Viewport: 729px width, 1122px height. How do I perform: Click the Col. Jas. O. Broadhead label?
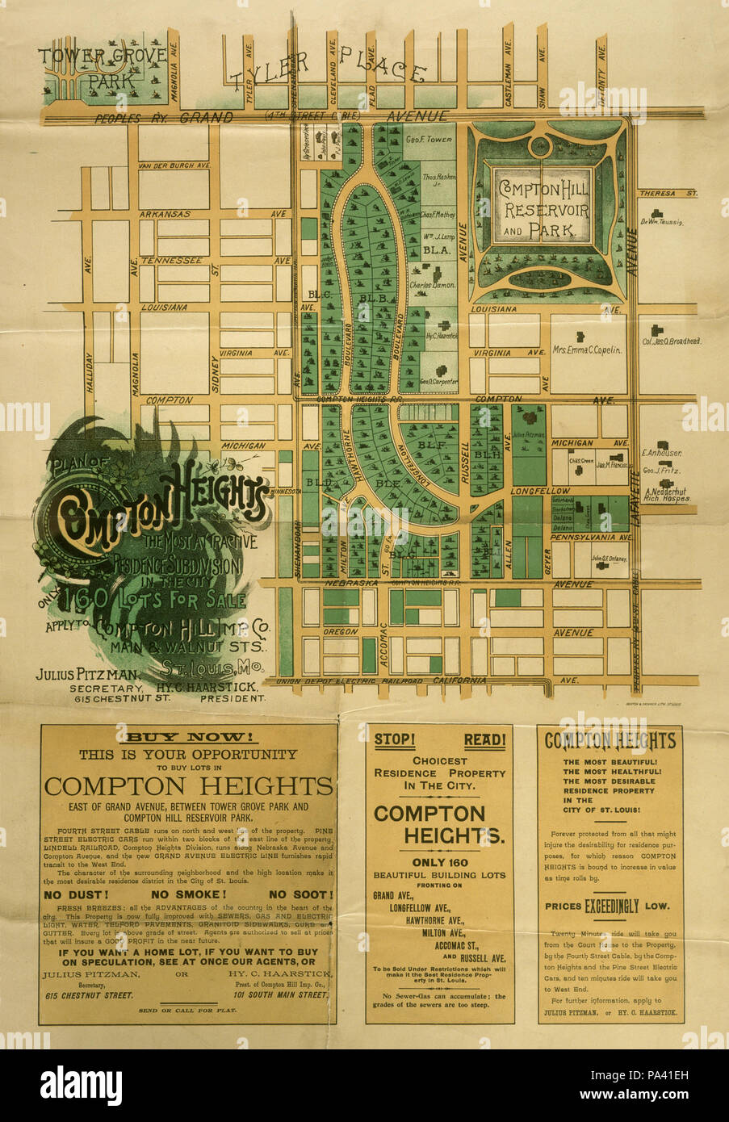coord(671,341)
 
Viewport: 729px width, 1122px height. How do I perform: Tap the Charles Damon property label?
coord(433,286)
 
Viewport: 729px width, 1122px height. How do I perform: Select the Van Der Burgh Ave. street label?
coord(174,165)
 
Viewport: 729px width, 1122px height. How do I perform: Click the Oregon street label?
coord(340,631)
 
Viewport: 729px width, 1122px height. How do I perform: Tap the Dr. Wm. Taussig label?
coord(662,222)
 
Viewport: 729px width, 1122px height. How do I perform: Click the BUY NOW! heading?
coord(187,737)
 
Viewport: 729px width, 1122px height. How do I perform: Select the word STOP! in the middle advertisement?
coord(395,739)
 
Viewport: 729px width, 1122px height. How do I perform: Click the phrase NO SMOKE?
coord(189,894)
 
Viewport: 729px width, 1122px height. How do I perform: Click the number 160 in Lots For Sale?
coord(89,599)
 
